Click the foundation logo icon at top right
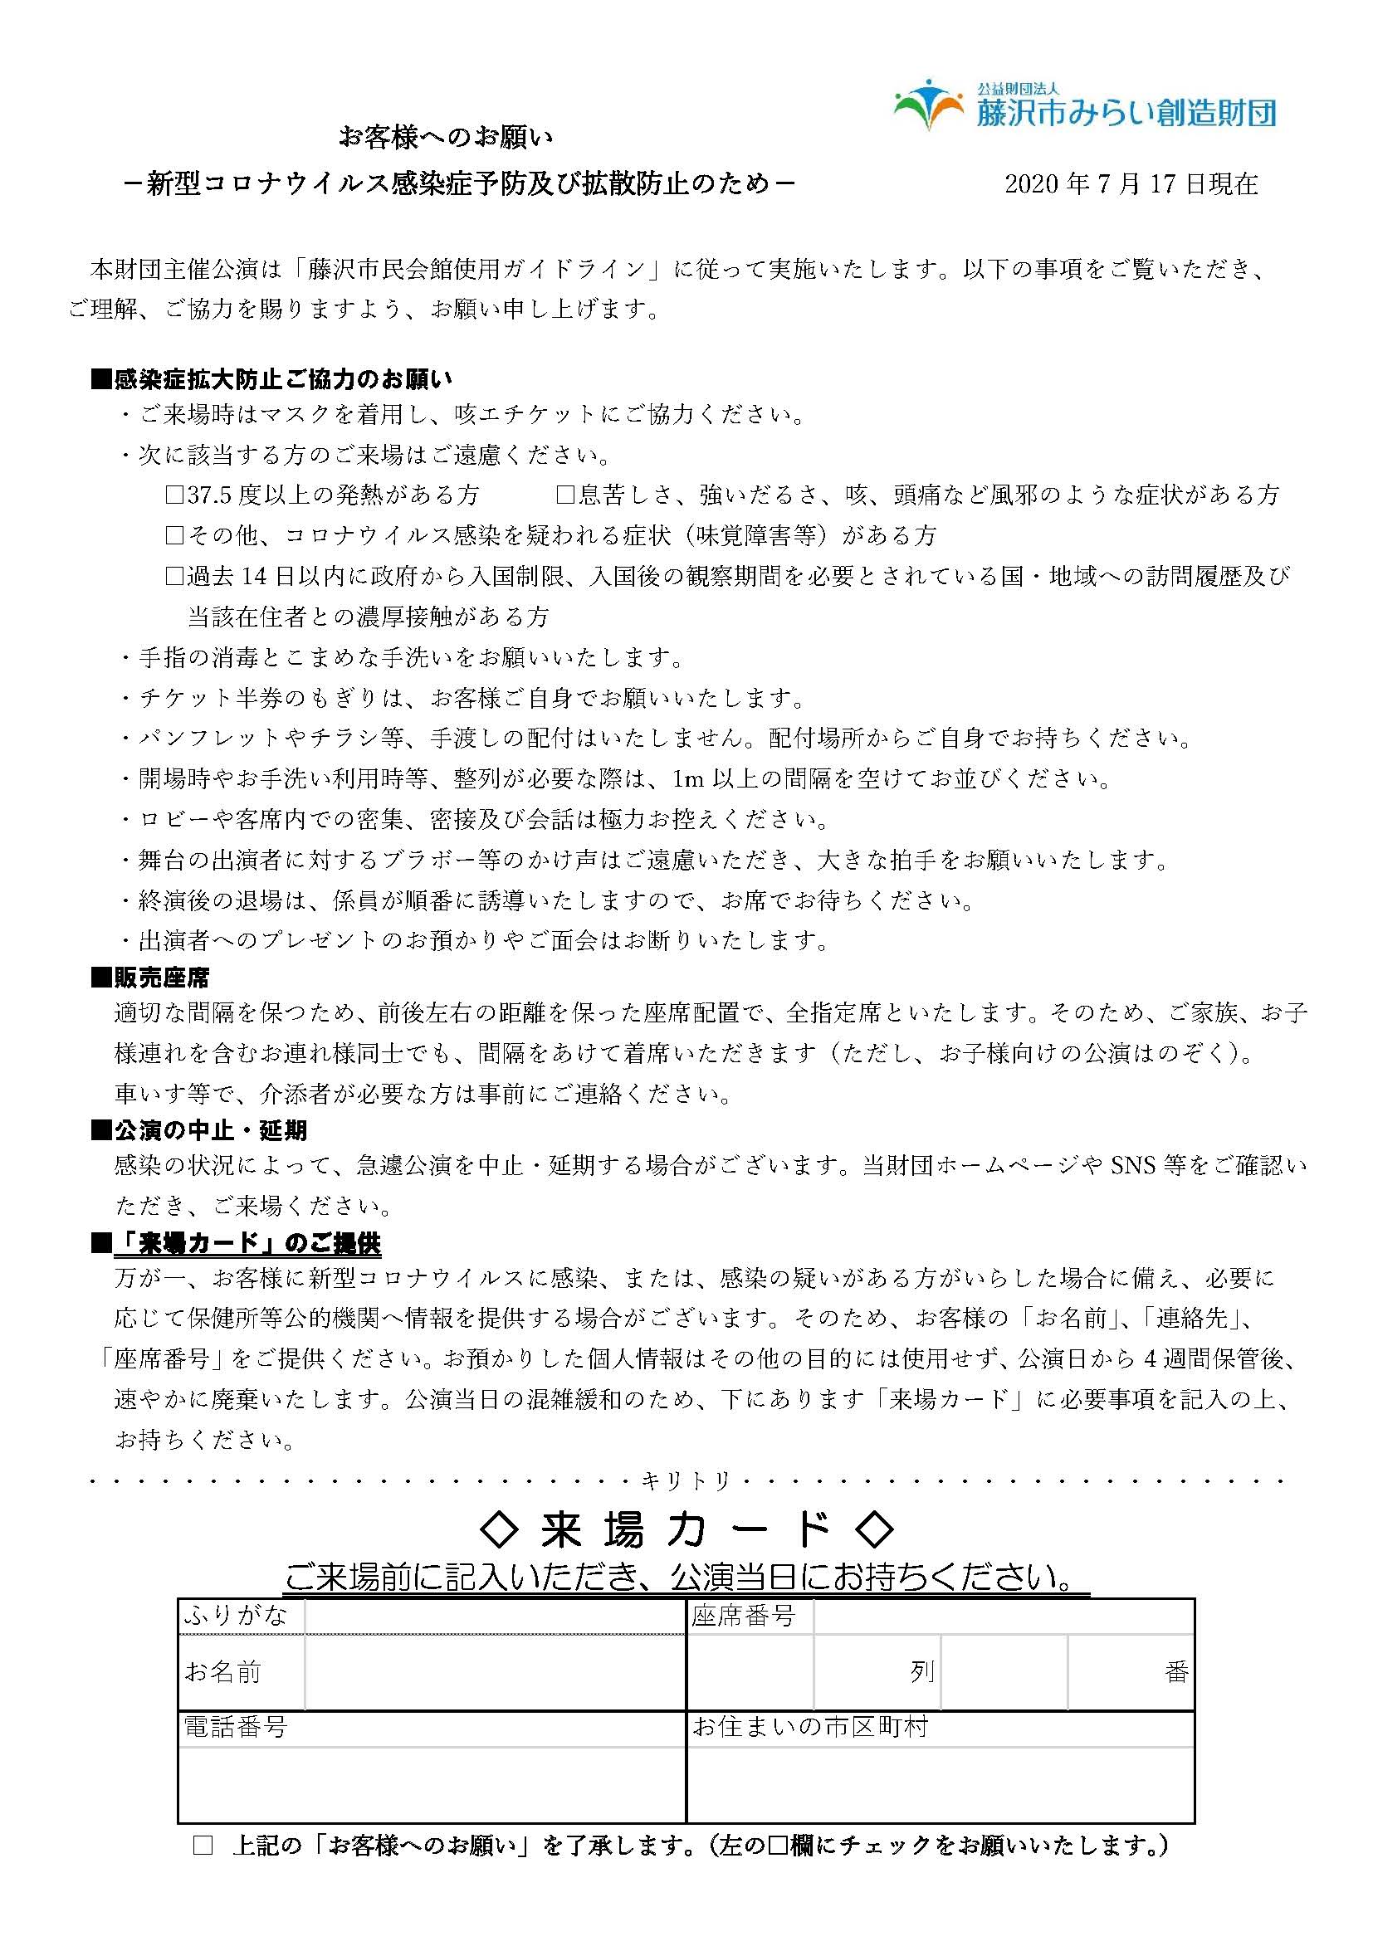pyautogui.click(x=928, y=104)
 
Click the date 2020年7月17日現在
pyautogui.click(x=1131, y=183)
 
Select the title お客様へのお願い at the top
pyautogui.click(x=445, y=137)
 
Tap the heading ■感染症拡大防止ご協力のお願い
pyautogui.click(x=271, y=379)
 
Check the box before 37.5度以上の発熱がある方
pyautogui.click(x=174, y=495)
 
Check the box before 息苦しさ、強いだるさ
pyautogui.click(x=565, y=495)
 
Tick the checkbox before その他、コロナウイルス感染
pyautogui.click(x=174, y=535)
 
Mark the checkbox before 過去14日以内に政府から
pyautogui.click(x=174, y=576)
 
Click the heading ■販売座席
pyautogui.click(x=150, y=978)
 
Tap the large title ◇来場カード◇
pyautogui.click(x=686, y=1529)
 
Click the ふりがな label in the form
pyautogui.click(x=236, y=1616)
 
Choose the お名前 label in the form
pyautogui.click(x=223, y=1671)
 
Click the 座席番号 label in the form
pyautogui.click(x=743, y=1616)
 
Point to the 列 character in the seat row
pyautogui.click(x=921, y=1671)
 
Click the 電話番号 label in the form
pyautogui.click(x=236, y=1727)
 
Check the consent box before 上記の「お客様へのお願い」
pyautogui.click(x=203, y=1845)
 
